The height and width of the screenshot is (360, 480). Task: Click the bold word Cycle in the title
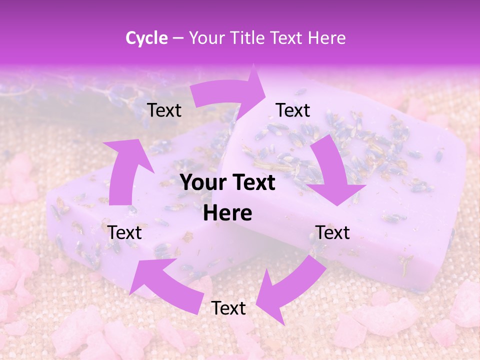[146, 38]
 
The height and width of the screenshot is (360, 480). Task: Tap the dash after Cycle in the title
[178, 38]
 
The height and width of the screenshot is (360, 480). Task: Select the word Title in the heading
[249, 38]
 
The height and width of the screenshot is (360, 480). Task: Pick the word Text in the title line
[287, 38]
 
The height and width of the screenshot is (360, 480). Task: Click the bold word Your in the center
[203, 183]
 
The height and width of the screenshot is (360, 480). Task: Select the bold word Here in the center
[227, 213]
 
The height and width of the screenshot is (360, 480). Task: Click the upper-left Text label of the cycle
[164, 110]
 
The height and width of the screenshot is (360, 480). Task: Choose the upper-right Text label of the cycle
[293, 110]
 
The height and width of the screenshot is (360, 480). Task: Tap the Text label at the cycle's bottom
[228, 308]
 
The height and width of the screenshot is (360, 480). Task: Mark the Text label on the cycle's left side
[125, 232]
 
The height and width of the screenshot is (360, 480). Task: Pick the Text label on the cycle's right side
[332, 232]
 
